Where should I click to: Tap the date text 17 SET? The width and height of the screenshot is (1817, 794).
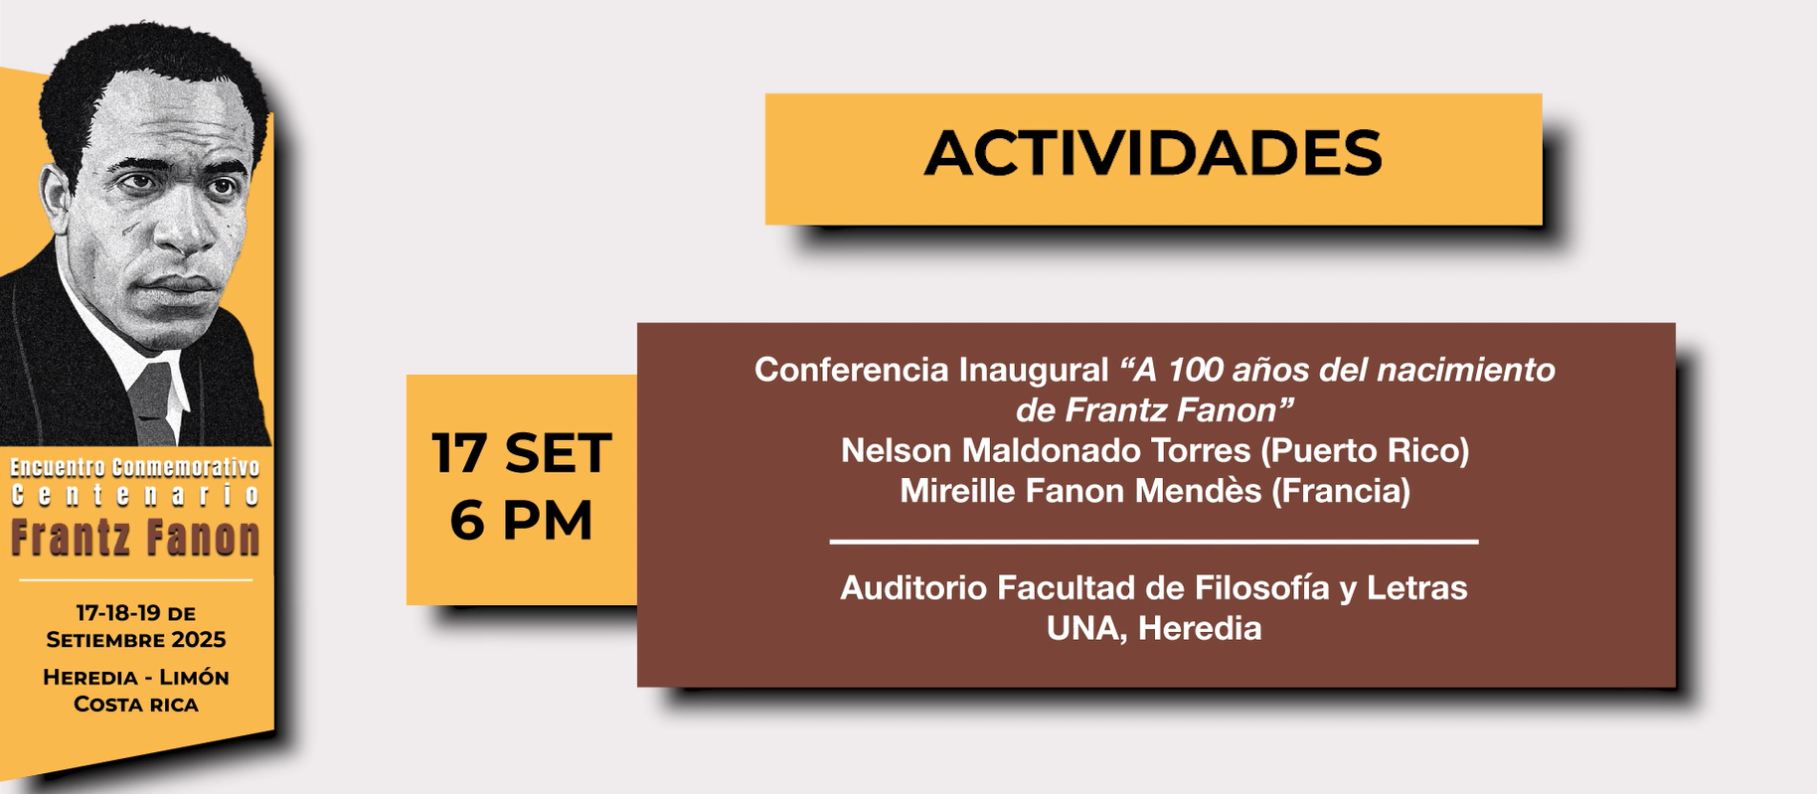tap(521, 453)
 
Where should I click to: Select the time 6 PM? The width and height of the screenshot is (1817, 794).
tap(521, 520)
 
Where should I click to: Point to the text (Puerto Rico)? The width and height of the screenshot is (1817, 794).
tap(1365, 450)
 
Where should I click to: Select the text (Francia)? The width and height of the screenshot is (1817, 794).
tap(1341, 491)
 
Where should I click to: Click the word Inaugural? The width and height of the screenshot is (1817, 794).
tap(1033, 370)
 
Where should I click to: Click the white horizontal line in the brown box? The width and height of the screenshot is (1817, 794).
tap(1154, 542)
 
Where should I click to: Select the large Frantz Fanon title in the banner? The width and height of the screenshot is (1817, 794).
tap(135, 538)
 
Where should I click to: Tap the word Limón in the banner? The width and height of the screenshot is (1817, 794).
tap(195, 677)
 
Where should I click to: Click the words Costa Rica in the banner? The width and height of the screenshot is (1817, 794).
tap(136, 705)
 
